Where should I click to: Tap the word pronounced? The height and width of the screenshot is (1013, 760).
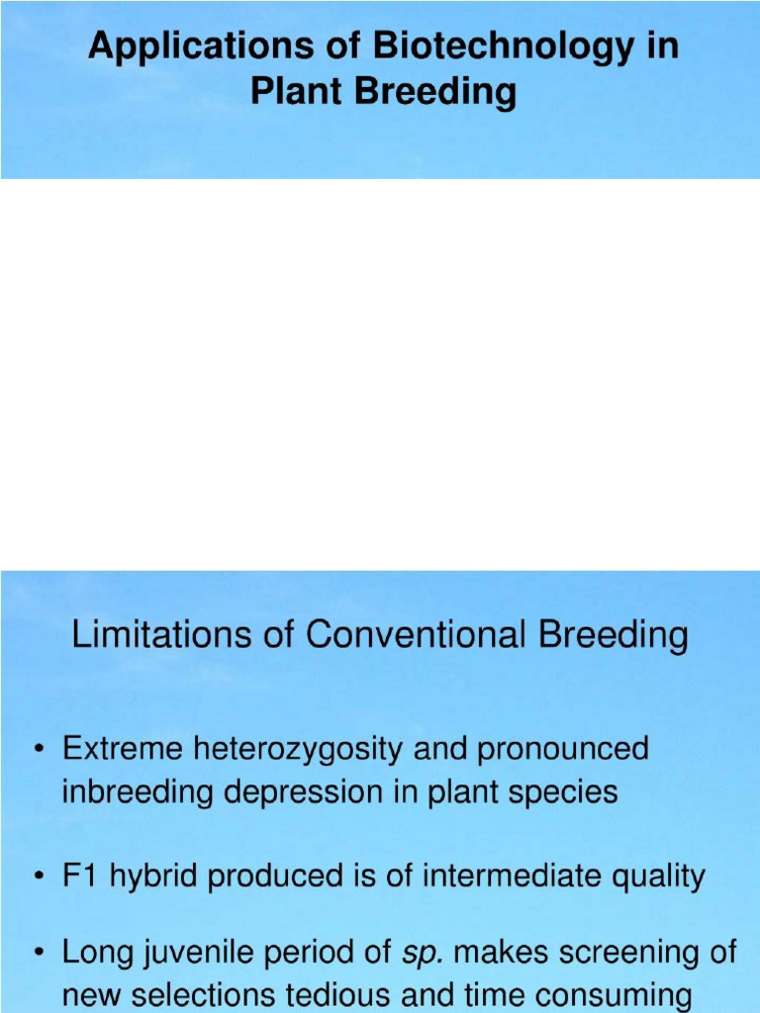(563, 750)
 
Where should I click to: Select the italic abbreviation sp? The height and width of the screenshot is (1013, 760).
(421, 955)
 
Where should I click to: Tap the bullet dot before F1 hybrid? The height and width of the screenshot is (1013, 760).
(39, 876)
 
